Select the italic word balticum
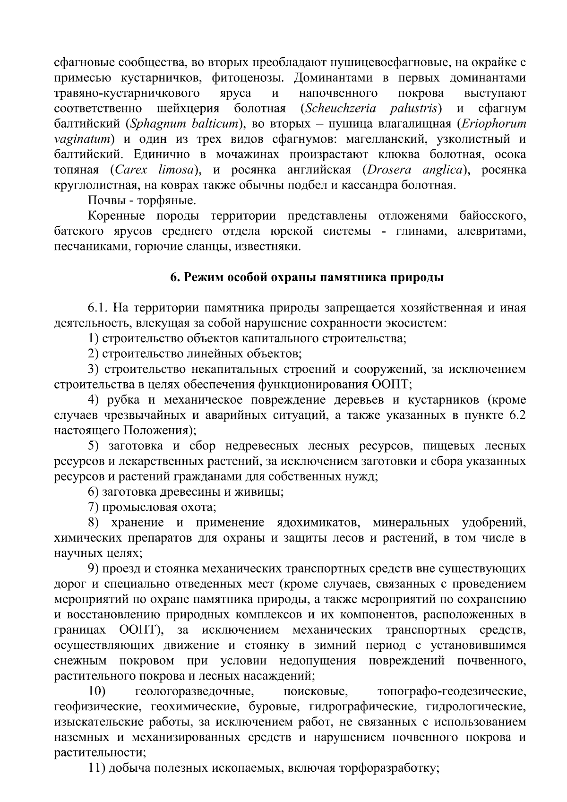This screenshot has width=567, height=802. pyautogui.click(x=215, y=124)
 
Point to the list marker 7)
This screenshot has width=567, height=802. pyautogui.click(x=93, y=508)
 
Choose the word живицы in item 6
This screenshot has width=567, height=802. pyautogui.click(x=262, y=492)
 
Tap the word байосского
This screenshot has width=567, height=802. pyautogui.click(x=492, y=216)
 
